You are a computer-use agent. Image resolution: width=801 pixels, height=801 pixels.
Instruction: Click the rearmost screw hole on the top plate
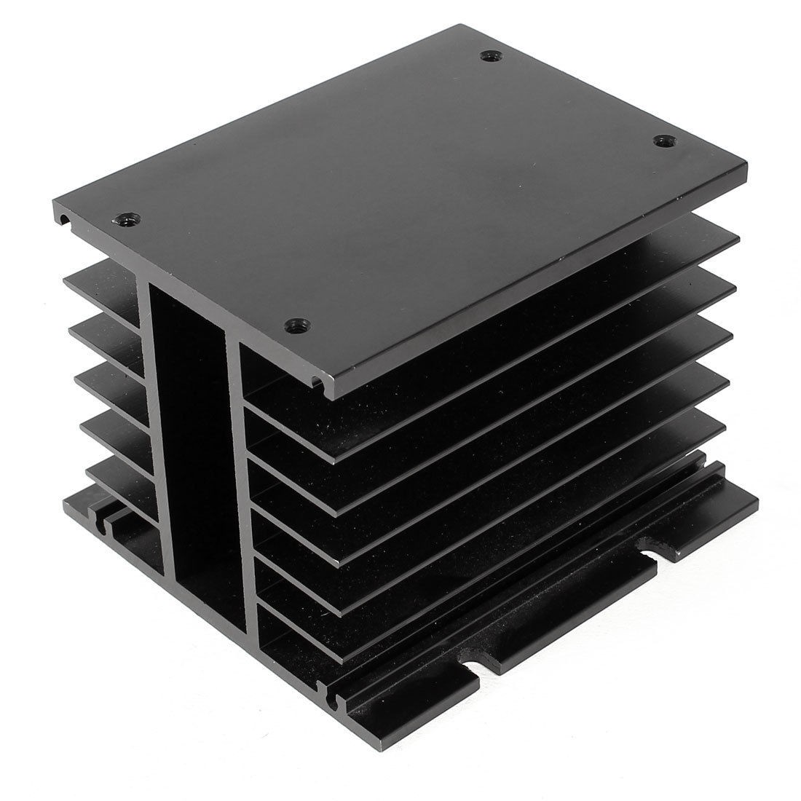487,55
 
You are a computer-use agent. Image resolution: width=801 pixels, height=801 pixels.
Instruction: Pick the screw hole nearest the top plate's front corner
296,323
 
